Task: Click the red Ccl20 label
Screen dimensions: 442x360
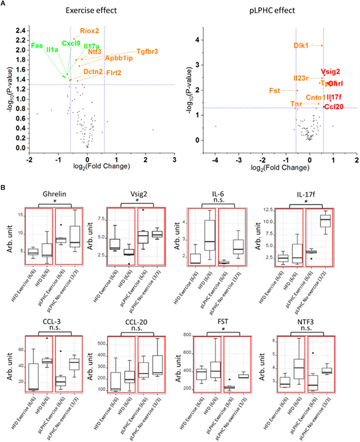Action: [x=333, y=107]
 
